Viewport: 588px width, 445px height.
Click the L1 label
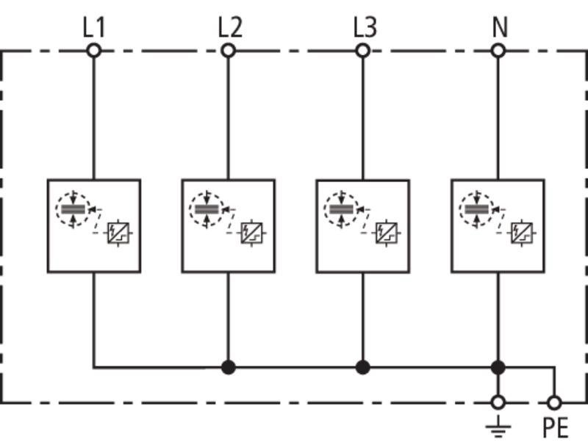coord(94,28)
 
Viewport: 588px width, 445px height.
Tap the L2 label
coord(230,28)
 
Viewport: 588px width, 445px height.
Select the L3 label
coord(365,28)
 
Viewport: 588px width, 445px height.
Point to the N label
coord(500,28)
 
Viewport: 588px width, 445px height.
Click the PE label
coord(556,427)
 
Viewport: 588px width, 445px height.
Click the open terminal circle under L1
coord(94,50)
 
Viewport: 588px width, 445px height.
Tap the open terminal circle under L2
coord(228,50)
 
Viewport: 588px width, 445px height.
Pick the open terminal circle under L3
coord(362,50)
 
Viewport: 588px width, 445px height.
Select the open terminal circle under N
coord(498,50)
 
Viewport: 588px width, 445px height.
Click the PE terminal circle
coord(554,402)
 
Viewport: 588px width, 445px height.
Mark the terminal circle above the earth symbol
coord(498,402)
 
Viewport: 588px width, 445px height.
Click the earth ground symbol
coord(498,427)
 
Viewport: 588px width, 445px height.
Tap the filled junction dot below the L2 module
coord(228,367)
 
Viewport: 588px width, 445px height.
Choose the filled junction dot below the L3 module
coord(362,367)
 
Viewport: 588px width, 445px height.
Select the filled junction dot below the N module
coord(498,367)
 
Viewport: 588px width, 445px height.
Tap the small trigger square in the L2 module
coord(251,233)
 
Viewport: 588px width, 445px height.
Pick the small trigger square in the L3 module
coord(387,233)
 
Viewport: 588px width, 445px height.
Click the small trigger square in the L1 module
coord(118,233)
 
